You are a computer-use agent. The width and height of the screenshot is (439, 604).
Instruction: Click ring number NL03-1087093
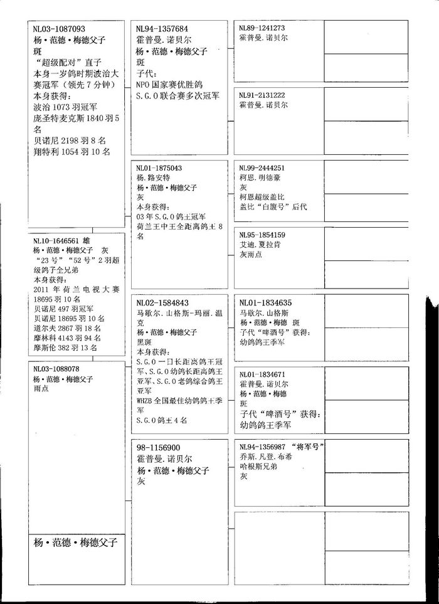point(59,29)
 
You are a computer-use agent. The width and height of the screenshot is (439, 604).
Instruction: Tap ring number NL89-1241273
point(262,28)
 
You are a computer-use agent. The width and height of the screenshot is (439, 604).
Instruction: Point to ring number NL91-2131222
point(262,95)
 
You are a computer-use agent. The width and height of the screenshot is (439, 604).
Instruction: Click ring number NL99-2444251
point(262,168)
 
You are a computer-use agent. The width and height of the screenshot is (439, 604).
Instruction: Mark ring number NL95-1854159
point(262,235)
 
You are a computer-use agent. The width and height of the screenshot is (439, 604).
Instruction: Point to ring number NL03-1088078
point(56,369)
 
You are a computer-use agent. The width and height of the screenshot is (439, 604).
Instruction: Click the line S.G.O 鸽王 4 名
point(161,420)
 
